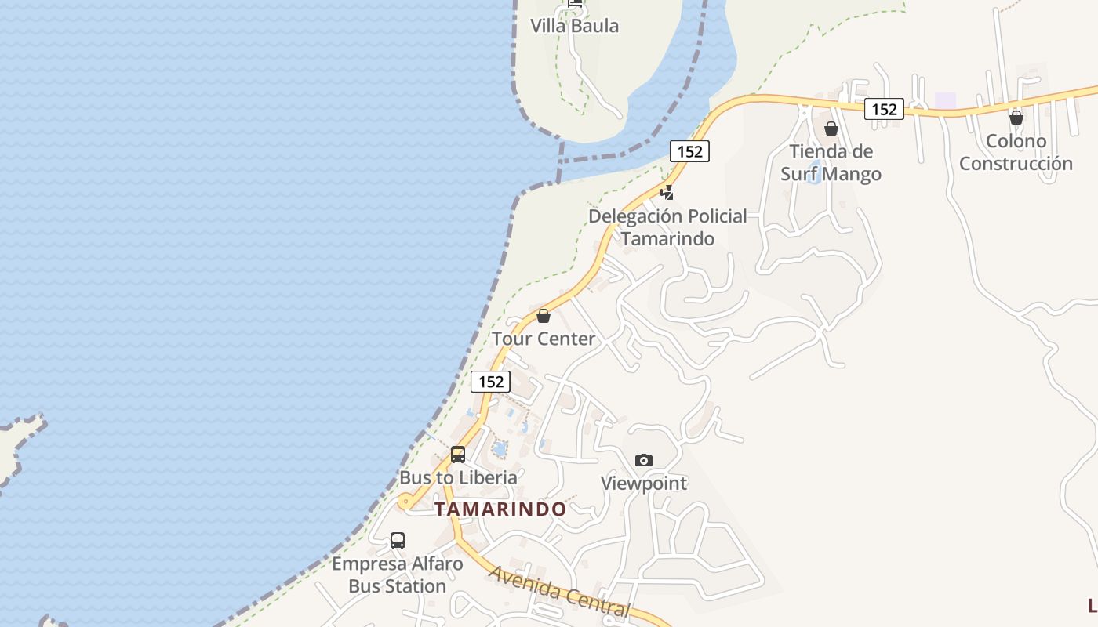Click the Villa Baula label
pos(574,26)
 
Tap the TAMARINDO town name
pos(500,509)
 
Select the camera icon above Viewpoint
pos(644,460)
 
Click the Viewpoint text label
pos(644,484)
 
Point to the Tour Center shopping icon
pos(544,316)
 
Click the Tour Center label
pos(544,339)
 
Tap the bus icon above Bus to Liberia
pos(458,455)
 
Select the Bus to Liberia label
pos(458,477)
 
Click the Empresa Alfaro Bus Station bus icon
pos(398,540)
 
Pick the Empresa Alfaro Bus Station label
pos(398,574)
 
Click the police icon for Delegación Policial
pos(667,192)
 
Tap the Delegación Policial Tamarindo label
pos(667,227)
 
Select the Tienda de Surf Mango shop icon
pos(831,129)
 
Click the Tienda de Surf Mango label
pos(831,162)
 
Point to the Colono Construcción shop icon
pos(1016,118)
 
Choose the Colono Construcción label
pos(1016,152)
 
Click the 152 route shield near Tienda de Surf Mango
pos(884,110)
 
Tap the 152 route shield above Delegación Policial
pos(689,151)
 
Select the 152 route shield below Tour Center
pos(490,382)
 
